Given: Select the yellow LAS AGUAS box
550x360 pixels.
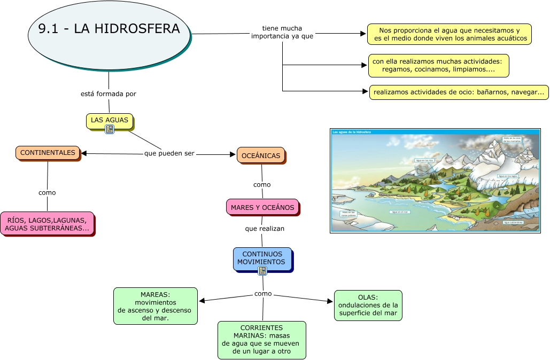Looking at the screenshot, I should (x=110, y=120).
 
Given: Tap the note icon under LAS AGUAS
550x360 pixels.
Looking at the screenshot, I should (x=110, y=129).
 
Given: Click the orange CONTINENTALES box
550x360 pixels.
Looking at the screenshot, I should (x=48, y=153).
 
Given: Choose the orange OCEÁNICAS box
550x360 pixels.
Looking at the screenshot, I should (x=261, y=155).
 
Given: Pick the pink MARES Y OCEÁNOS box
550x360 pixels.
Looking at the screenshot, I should (x=262, y=207).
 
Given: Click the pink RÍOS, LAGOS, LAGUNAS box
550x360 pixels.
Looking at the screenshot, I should (x=47, y=224).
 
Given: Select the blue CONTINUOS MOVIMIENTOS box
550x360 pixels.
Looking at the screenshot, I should (x=262, y=259).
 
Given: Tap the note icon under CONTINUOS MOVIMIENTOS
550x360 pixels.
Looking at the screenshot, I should (x=262, y=271).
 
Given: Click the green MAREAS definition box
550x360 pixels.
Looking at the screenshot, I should (x=155, y=306).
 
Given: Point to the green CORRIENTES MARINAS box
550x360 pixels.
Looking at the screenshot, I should (x=261, y=340).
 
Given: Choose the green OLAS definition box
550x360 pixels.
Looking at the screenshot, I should (x=368, y=305).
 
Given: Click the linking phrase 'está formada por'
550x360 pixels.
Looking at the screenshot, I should (x=109, y=94).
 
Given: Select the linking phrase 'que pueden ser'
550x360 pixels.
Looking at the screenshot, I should (x=169, y=154).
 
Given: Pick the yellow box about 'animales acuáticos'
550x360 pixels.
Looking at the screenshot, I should (x=449, y=34).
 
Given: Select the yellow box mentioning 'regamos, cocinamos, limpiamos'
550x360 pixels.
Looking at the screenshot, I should (x=438, y=65).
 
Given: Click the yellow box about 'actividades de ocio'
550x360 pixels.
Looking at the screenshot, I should (x=459, y=92).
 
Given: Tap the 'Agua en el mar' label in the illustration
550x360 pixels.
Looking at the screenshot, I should (x=399, y=212).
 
